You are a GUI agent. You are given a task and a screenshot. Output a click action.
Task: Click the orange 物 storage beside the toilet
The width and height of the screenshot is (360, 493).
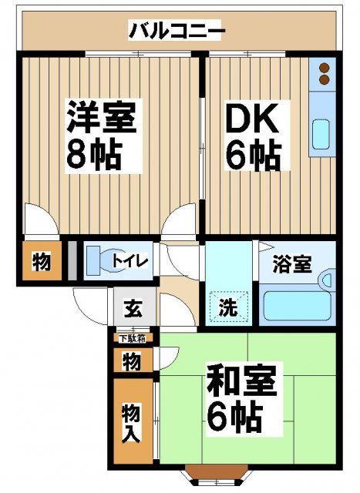[41, 262]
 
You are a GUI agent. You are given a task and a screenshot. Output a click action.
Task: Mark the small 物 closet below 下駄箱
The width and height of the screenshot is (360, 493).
[132, 361]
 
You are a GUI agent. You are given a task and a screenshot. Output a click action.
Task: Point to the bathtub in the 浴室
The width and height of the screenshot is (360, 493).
[298, 304]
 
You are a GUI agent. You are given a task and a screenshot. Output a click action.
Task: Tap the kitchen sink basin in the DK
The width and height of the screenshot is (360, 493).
[321, 136]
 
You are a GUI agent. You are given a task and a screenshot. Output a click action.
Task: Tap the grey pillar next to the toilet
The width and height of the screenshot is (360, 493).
[72, 260]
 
